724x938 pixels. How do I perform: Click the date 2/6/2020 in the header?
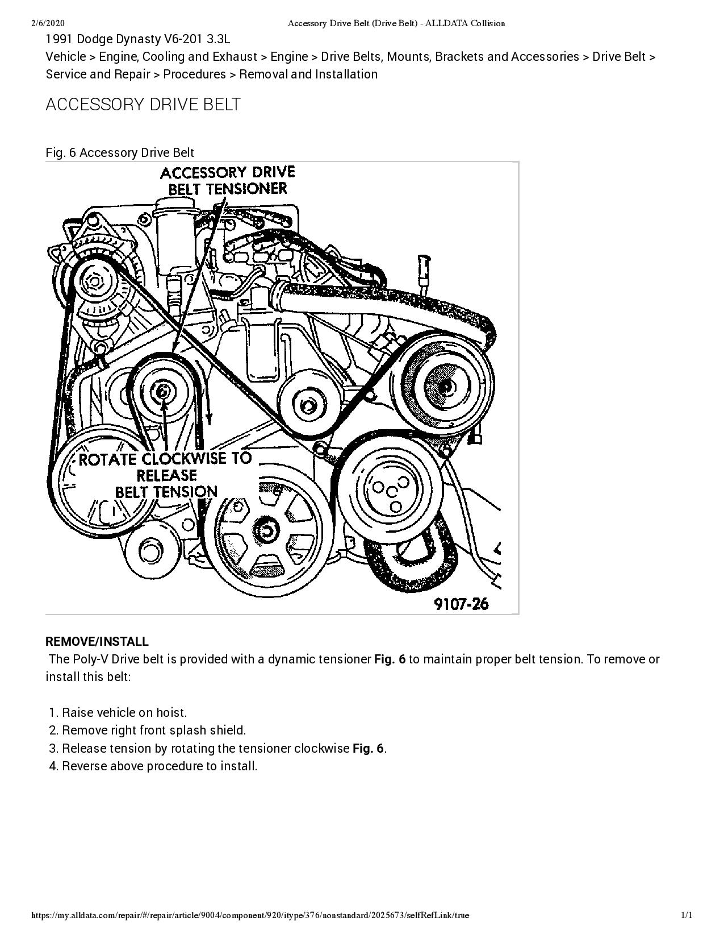(x=48, y=23)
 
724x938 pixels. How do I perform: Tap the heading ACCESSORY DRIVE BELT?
(x=143, y=105)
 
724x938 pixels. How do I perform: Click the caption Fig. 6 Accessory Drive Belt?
(x=120, y=152)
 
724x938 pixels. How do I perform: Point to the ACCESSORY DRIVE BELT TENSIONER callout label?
(x=228, y=180)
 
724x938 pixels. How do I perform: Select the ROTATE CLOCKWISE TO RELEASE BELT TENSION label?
(x=165, y=475)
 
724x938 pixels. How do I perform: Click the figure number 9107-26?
(x=461, y=604)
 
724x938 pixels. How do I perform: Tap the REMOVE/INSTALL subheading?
(x=97, y=642)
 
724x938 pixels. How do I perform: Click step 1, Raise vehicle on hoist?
(x=124, y=713)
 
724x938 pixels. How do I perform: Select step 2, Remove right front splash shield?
(x=154, y=731)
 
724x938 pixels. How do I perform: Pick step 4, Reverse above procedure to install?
(x=160, y=766)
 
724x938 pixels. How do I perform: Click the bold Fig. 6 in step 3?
(x=368, y=748)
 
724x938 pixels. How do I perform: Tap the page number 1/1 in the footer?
(x=687, y=915)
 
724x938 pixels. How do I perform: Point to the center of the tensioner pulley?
(x=162, y=391)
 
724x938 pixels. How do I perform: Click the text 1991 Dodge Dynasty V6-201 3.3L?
(x=138, y=39)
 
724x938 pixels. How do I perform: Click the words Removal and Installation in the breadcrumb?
(x=308, y=74)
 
